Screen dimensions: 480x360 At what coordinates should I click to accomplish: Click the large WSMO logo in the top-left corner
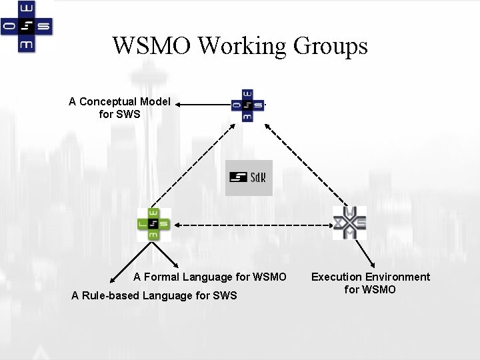tap(27, 27)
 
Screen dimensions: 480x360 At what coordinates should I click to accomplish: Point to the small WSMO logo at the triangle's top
tap(247, 105)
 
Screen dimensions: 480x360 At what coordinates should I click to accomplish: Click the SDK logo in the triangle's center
tap(249, 177)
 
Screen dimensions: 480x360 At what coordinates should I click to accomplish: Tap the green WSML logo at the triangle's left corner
tap(154, 225)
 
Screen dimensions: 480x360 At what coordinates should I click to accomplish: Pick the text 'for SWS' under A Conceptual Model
tap(119, 114)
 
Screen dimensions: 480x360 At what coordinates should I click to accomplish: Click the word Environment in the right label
tap(398, 277)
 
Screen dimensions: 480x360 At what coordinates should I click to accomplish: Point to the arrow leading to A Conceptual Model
tap(203, 104)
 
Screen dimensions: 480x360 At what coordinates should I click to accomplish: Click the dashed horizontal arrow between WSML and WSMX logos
tap(252, 225)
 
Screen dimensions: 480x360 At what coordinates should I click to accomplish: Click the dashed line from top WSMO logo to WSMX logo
tap(301, 163)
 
